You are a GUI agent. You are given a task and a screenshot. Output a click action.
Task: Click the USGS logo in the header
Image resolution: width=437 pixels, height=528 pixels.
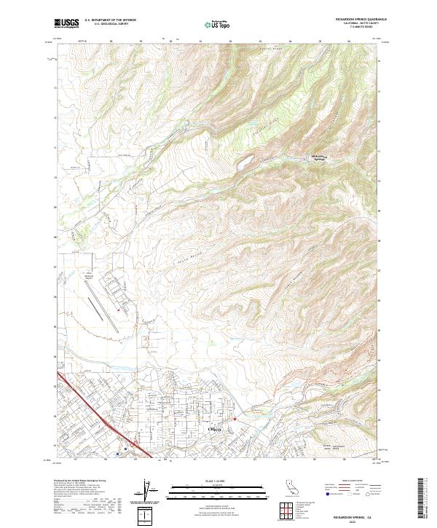click(x=66, y=23)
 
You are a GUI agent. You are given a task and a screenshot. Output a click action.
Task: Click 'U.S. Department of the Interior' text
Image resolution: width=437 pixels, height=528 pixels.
click(x=110, y=20)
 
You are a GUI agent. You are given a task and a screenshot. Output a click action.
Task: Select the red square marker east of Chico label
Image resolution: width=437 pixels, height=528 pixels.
click(x=235, y=419)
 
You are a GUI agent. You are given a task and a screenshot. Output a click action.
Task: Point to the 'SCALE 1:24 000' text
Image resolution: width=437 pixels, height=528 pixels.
click(x=214, y=481)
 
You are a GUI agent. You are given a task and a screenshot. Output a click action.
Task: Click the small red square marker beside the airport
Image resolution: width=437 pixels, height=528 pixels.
click(x=118, y=311)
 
